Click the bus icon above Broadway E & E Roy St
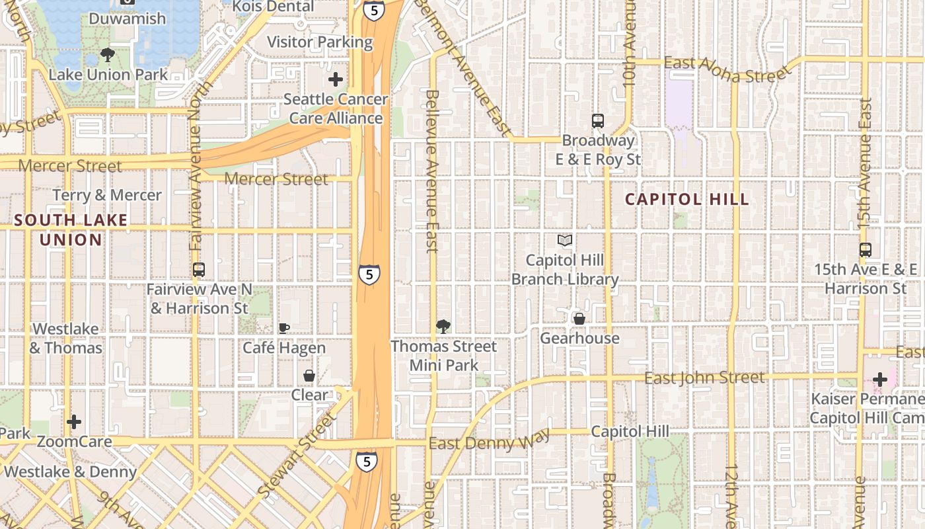click(598, 121)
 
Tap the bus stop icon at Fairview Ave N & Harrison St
click(199, 270)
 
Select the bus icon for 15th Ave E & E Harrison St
click(866, 250)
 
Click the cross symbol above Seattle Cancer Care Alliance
click(336, 79)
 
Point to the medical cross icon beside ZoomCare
click(74, 421)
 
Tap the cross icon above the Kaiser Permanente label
click(879, 380)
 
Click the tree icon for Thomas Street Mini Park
click(443, 326)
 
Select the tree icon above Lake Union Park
click(108, 55)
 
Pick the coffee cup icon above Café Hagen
click(284, 328)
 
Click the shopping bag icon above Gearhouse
click(579, 319)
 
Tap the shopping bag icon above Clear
click(309, 376)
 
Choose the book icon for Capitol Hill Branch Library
click(565, 240)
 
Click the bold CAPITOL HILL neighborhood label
click(687, 199)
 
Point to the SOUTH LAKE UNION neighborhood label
click(71, 229)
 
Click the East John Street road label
click(704, 378)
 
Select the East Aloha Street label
click(727, 69)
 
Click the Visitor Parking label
click(320, 42)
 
